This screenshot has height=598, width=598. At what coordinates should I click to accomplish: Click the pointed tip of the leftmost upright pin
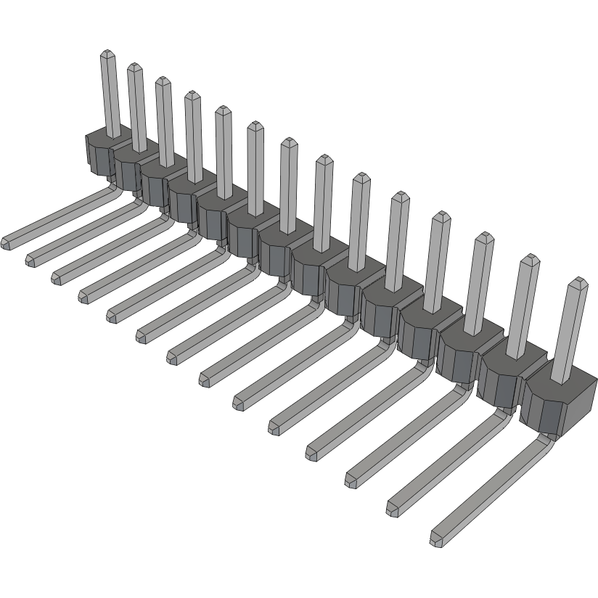[x=107, y=54]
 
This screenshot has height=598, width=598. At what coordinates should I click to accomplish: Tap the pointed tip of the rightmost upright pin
[x=578, y=282]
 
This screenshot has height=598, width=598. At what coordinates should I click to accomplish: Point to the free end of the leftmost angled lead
[x=9, y=242]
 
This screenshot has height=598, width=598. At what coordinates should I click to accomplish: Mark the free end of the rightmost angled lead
[x=437, y=540]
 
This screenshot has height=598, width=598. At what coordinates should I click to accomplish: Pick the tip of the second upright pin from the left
[x=134, y=68]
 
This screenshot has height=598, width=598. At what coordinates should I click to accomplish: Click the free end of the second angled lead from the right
[x=393, y=509]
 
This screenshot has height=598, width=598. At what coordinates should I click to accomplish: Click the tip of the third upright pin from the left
[x=161, y=81]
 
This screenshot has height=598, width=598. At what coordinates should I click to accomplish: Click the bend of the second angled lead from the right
[x=501, y=414]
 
